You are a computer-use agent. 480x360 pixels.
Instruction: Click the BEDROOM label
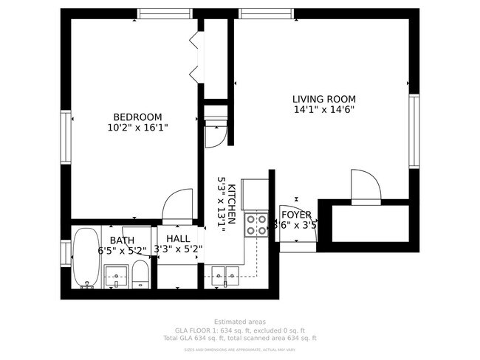(x=137, y=117)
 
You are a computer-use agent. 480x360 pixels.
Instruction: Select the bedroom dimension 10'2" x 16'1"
(x=137, y=127)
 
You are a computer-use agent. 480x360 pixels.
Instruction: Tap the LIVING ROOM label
(x=323, y=99)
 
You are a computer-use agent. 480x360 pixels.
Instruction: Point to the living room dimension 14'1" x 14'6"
(x=323, y=110)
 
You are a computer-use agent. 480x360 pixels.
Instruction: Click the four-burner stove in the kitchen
(x=256, y=224)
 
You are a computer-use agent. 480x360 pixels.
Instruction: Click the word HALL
(x=178, y=239)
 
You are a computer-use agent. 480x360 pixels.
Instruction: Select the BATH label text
(x=122, y=240)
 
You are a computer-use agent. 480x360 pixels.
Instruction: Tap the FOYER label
(x=295, y=215)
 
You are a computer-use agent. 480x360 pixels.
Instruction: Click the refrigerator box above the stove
(x=256, y=194)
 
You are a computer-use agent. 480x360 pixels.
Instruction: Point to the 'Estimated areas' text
(x=239, y=322)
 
